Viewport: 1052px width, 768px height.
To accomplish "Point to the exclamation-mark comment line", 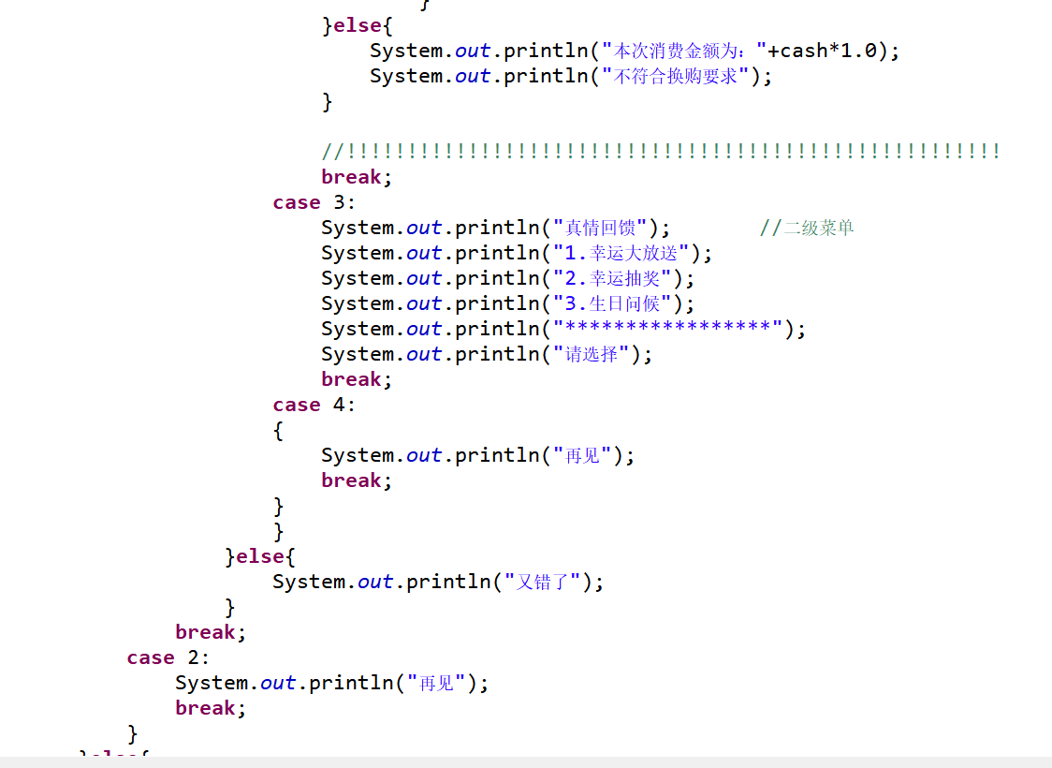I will [661, 152].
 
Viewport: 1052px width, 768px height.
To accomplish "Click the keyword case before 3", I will [297, 202].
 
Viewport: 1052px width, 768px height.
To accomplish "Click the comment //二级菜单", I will [807, 228].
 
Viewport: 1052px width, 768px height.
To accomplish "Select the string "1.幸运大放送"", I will [621, 253].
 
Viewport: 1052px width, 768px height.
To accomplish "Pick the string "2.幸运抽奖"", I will [612, 278].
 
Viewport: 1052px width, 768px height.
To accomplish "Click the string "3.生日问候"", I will [612, 303].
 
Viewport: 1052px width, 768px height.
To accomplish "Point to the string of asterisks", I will [667, 329].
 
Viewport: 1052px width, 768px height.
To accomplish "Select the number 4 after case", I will [340, 405].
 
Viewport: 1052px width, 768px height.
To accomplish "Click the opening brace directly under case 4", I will [278, 431].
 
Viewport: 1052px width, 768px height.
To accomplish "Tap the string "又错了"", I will [543, 582].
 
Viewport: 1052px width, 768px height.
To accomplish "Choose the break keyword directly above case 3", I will [351, 177].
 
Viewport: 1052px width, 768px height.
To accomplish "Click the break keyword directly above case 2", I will [205, 632].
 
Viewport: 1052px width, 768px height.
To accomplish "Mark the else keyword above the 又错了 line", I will [259, 556].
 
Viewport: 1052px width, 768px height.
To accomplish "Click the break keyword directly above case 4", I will [351, 379].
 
